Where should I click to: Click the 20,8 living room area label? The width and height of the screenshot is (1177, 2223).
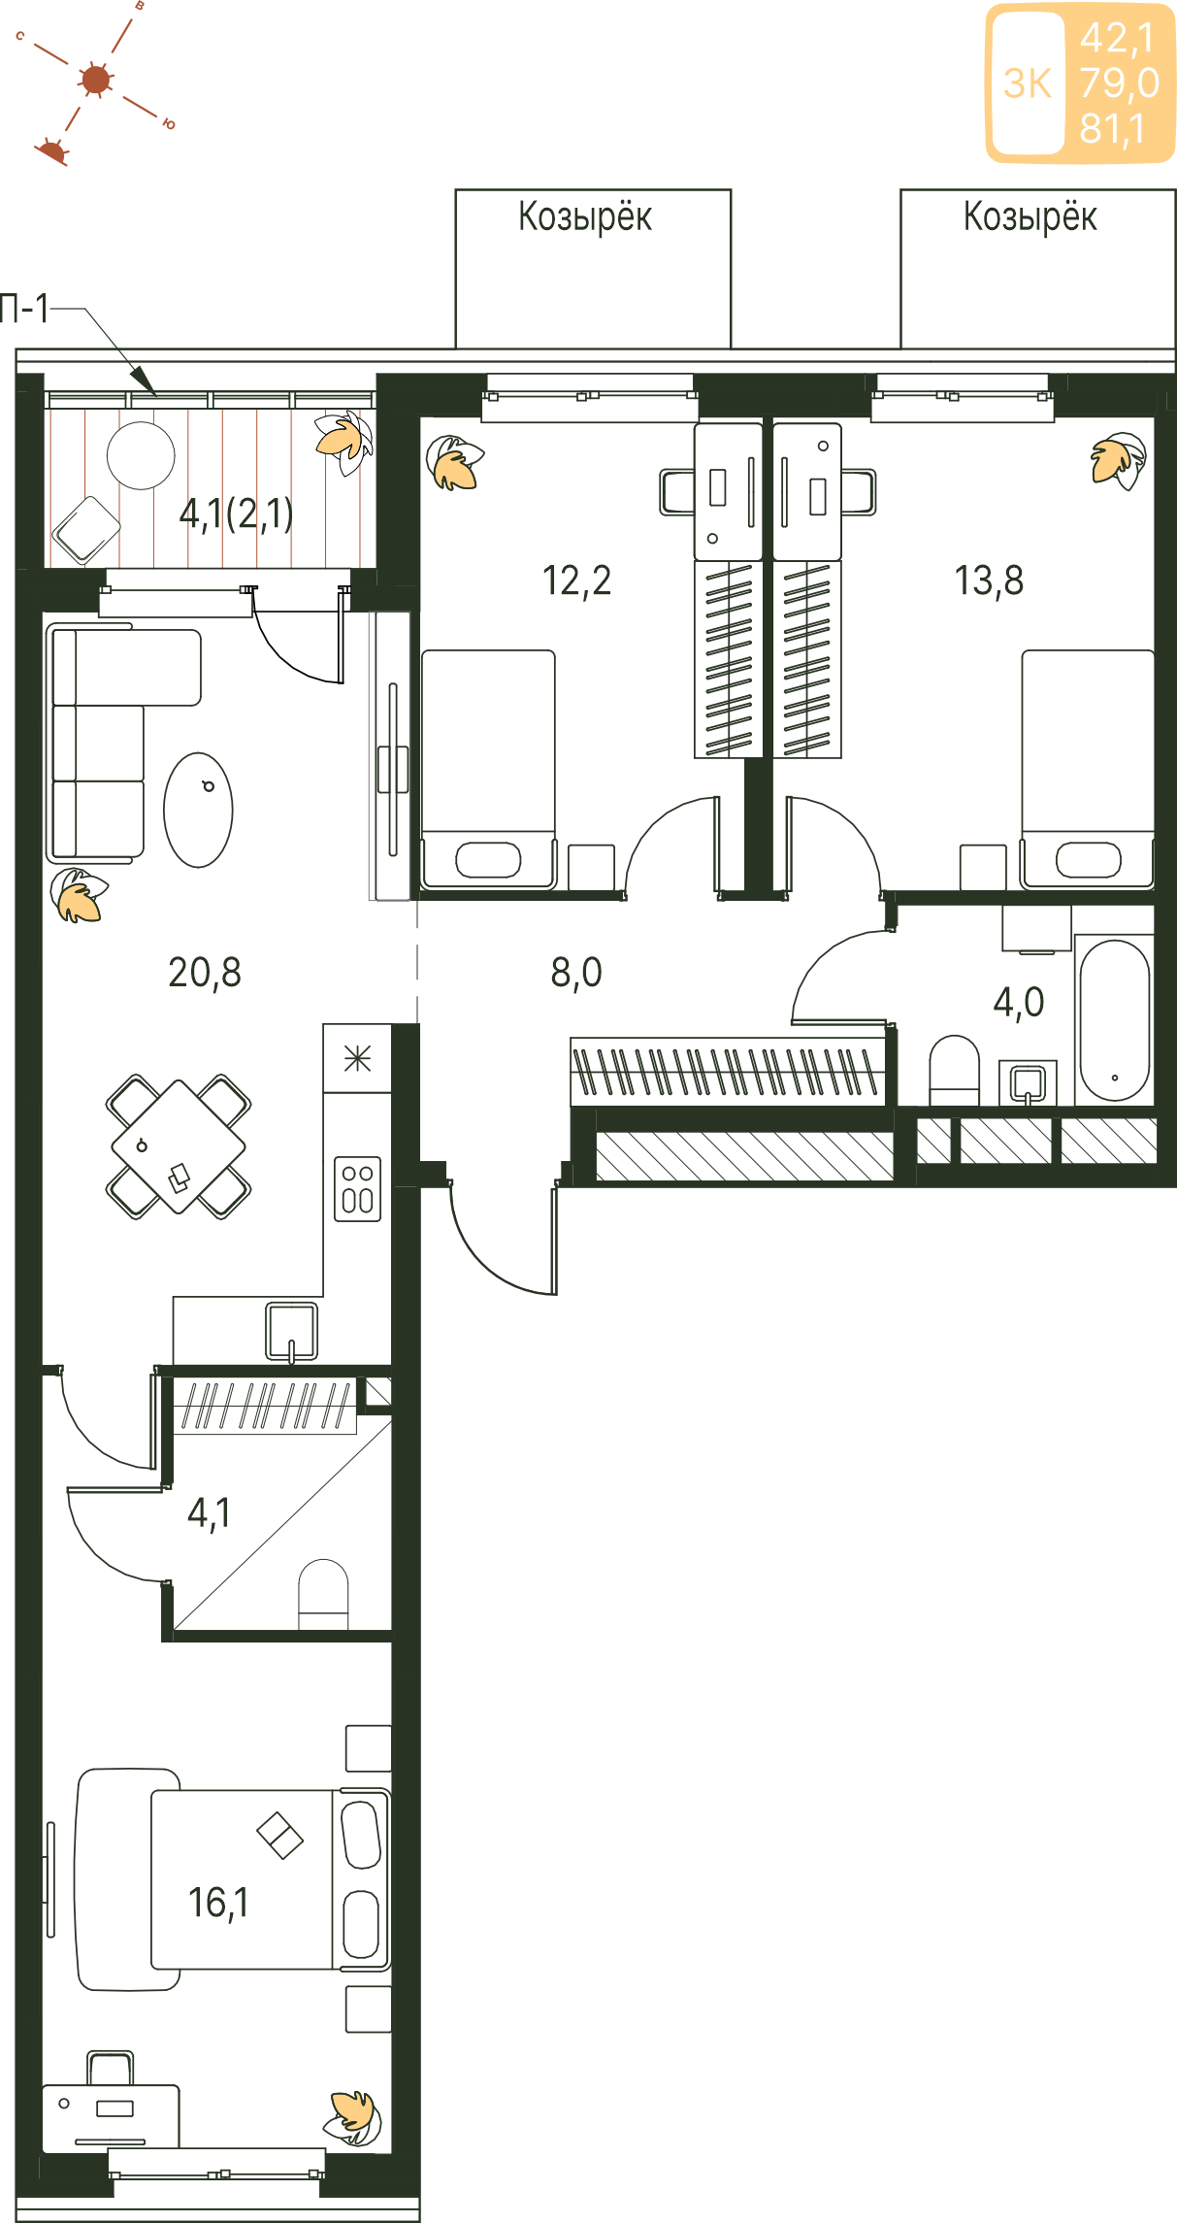(x=205, y=972)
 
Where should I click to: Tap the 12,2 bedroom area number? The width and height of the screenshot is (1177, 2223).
(x=576, y=581)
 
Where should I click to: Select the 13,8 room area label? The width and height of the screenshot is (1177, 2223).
(x=989, y=581)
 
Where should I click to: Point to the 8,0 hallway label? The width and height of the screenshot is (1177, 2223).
(x=576, y=972)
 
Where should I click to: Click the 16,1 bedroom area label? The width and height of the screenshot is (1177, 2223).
(x=218, y=1903)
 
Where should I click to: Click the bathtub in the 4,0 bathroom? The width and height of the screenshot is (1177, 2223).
(x=1114, y=1019)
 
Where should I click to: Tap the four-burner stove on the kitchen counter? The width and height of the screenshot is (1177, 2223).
(x=357, y=1187)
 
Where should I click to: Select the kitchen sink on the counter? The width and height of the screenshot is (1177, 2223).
(x=292, y=1331)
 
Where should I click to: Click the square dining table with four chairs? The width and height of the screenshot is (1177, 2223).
(x=179, y=1146)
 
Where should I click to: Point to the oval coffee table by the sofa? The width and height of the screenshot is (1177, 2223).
(x=199, y=810)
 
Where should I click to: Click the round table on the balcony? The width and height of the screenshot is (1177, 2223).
(x=141, y=455)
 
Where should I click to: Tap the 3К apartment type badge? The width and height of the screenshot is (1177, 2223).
(x=1028, y=83)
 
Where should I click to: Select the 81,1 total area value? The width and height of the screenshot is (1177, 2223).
(x=1113, y=129)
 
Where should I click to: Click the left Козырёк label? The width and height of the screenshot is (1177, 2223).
(x=585, y=217)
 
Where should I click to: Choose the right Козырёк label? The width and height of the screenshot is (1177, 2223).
(x=1030, y=217)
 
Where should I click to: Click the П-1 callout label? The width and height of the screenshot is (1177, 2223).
(x=24, y=309)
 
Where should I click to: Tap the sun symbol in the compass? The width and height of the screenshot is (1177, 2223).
(x=96, y=80)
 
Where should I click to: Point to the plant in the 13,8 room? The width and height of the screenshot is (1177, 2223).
(x=1119, y=460)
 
